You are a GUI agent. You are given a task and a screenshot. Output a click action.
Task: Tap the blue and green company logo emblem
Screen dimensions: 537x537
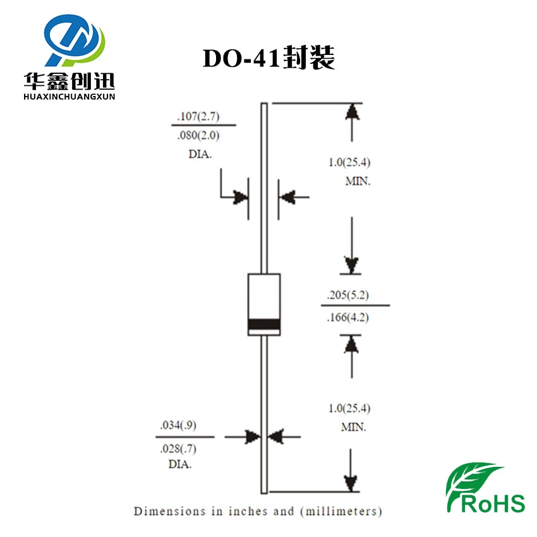75,40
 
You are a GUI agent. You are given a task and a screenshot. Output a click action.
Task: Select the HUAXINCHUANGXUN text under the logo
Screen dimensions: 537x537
69,97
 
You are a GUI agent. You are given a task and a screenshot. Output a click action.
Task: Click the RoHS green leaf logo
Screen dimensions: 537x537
486,488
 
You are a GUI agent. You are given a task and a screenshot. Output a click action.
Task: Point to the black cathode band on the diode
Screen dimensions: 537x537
264,324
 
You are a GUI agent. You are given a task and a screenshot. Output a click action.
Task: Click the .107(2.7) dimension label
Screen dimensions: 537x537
198,116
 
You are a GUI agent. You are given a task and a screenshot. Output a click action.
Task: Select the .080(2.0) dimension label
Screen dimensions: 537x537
198,136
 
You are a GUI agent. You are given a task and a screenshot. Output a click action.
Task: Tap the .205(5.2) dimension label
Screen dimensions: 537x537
348,295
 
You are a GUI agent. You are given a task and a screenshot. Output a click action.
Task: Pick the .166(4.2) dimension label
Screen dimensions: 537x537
348,318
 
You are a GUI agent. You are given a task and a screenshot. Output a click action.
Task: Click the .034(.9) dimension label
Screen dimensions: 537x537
178,425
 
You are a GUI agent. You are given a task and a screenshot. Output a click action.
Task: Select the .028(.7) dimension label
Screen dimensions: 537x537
178,449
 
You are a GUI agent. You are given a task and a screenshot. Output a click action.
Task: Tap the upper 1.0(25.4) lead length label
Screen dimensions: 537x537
349,162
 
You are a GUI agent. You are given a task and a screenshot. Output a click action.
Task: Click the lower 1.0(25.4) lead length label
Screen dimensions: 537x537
349,408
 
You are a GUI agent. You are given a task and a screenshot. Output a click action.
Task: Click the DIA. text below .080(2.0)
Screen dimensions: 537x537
200,154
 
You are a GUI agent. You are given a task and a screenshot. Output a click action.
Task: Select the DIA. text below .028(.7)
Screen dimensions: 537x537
180,464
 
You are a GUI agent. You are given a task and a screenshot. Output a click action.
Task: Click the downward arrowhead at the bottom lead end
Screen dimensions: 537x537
351,483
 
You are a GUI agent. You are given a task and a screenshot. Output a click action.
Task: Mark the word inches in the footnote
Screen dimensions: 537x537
248,511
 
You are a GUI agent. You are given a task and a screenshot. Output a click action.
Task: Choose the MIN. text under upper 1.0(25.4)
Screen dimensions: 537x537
358,181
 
